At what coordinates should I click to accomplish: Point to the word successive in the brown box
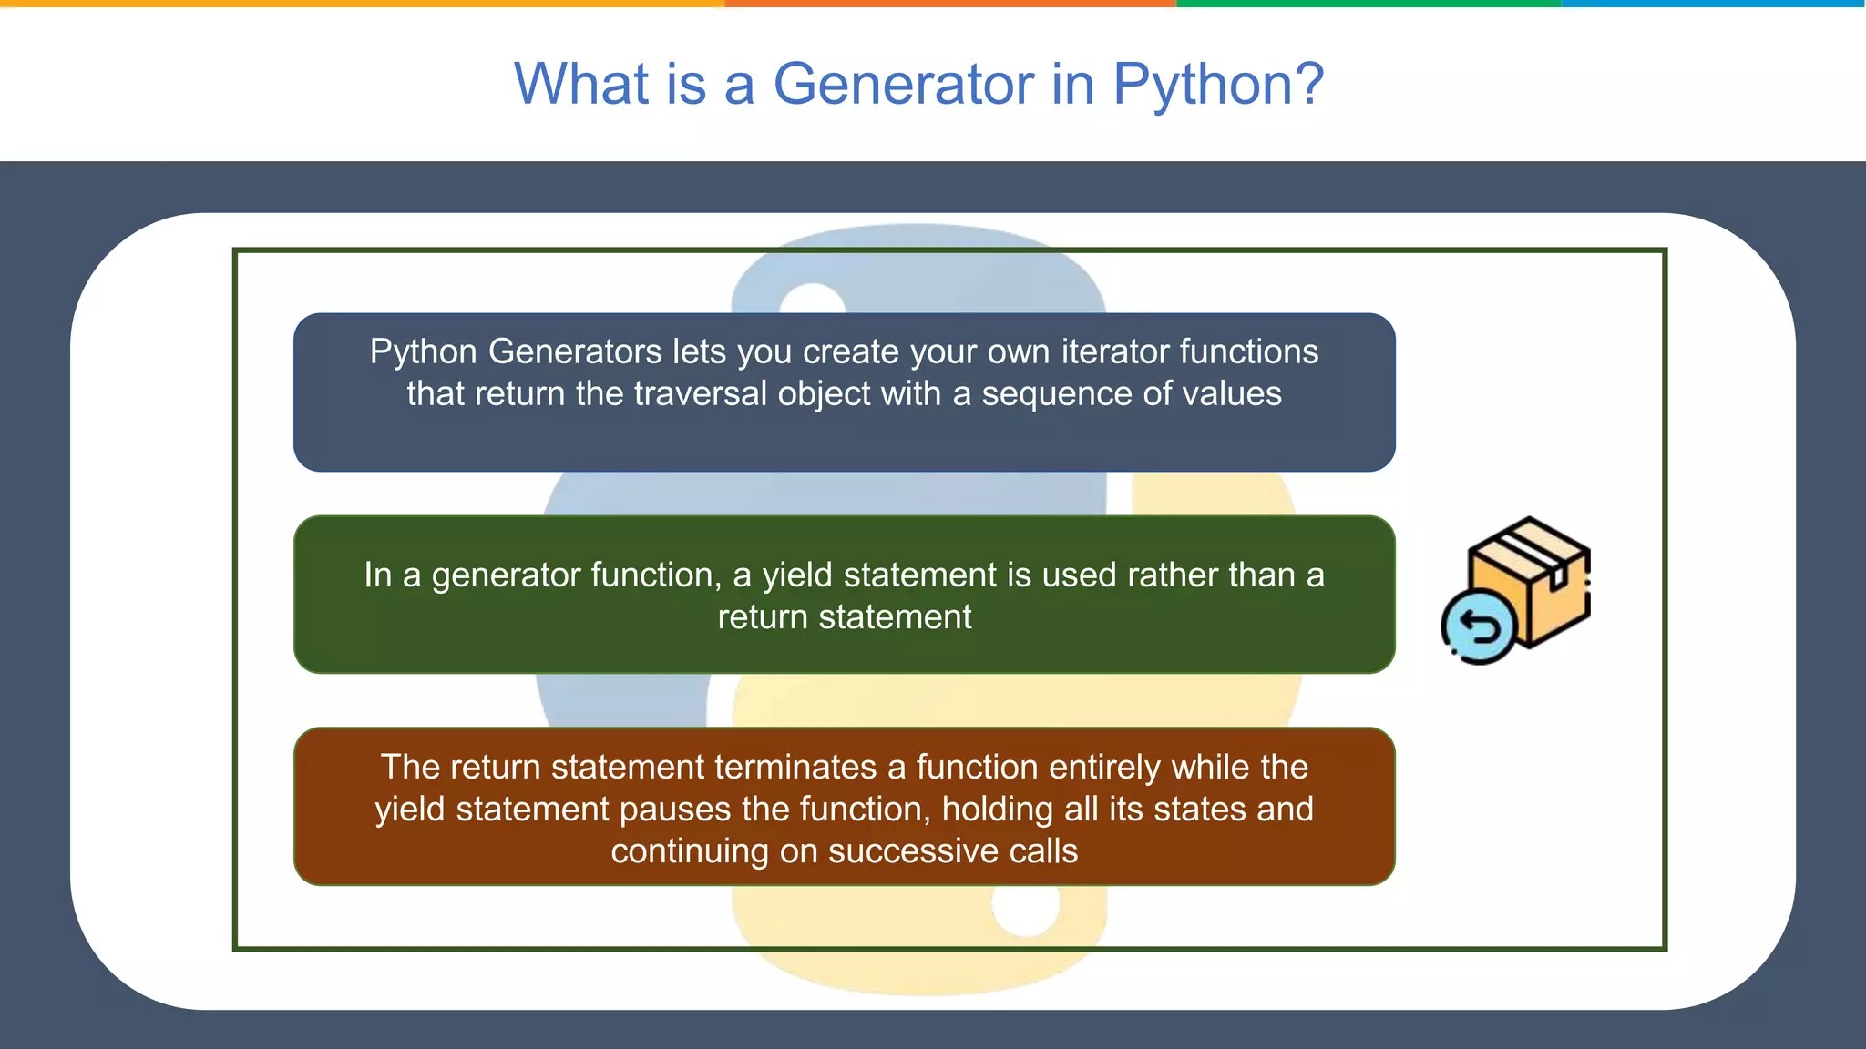click(x=913, y=850)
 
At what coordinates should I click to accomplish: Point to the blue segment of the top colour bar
click(x=1713, y=4)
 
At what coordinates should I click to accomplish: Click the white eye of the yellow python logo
click(x=1025, y=909)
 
